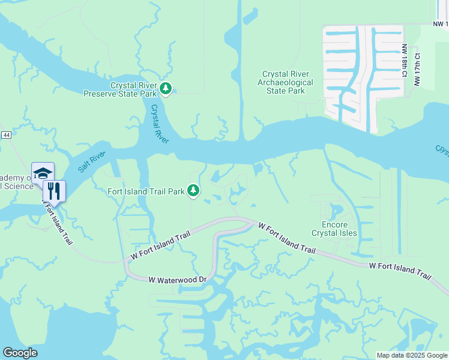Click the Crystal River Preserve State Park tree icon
166,89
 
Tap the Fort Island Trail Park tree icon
193,191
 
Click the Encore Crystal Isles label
335,229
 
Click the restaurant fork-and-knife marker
54,191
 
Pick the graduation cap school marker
43,173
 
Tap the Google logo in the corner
20,353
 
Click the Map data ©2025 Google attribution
412,355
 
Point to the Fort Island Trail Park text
145,192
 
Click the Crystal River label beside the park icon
160,124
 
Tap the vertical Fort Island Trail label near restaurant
59,221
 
